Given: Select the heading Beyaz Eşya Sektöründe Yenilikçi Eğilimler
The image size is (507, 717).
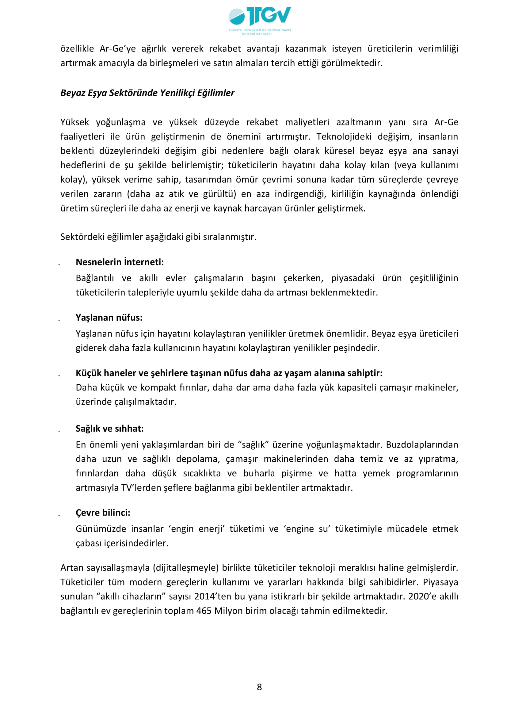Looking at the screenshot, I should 147,93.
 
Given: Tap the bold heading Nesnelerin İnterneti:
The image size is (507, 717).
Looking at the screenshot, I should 120,262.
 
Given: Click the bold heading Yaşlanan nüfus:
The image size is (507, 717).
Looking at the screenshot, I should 109,317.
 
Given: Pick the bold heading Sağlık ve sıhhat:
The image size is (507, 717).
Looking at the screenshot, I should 109,428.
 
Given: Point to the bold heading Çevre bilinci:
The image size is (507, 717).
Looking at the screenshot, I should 103,513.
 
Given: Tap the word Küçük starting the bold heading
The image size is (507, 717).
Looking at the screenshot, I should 89,373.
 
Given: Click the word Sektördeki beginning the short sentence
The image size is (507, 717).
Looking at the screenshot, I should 82,237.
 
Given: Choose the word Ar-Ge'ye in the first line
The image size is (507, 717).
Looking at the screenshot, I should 118,49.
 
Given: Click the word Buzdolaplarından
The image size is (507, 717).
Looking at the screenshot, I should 422,444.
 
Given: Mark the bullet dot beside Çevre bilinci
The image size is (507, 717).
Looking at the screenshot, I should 59,515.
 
